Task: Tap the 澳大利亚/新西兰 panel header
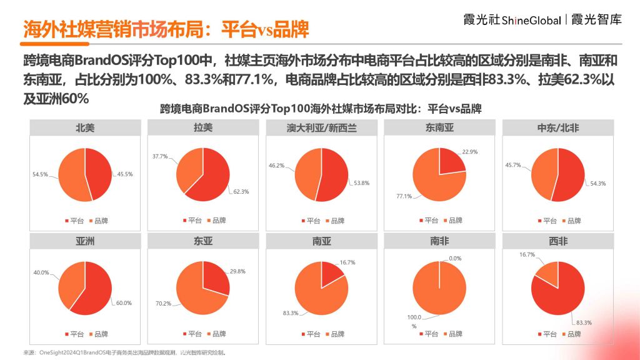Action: pos(322,128)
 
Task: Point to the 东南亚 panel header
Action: pos(439,128)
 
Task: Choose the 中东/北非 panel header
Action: pos(558,128)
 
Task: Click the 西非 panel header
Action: pos(558,241)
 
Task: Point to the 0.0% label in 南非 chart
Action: pos(454,258)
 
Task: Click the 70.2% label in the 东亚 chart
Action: pos(164,304)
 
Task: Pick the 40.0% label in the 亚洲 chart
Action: pos(41,272)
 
